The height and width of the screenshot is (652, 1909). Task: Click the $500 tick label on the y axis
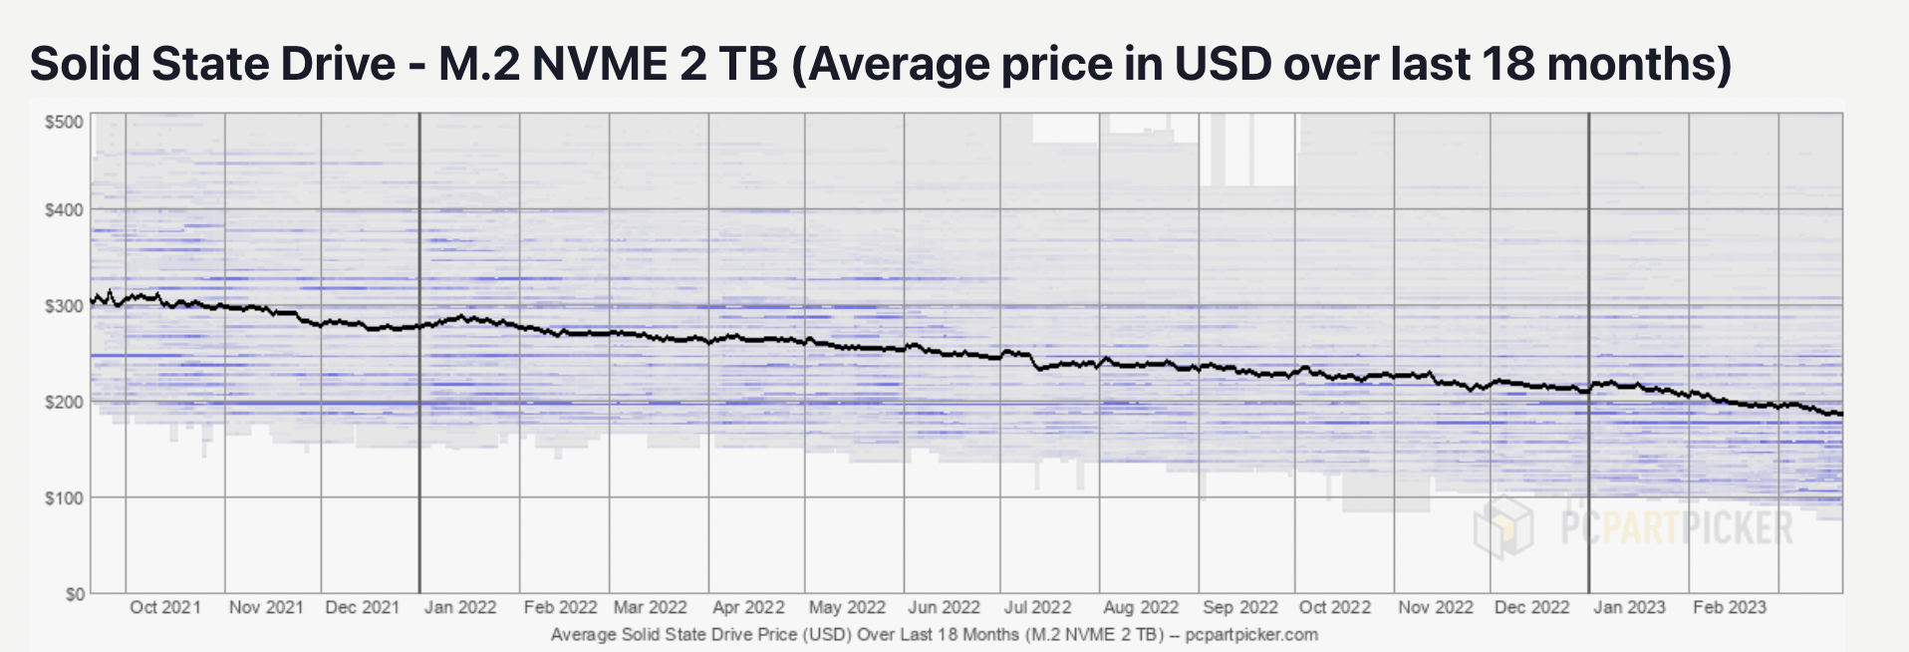[64, 122]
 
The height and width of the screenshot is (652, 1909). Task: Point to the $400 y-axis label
[64, 210]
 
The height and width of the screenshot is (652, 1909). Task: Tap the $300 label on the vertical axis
[64, 306]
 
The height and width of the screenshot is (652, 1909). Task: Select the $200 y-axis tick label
[64, 402]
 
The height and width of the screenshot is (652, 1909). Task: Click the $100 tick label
[64, 497]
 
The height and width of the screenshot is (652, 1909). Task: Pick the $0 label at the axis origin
[75, 594]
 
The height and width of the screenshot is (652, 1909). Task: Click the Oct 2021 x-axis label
[165, 607]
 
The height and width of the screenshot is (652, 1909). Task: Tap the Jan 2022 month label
[460, 607]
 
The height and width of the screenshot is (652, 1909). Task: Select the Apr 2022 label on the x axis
[748, 607]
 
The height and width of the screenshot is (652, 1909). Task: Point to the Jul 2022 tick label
[1038, 607]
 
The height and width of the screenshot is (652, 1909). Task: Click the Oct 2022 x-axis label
[1335, 607]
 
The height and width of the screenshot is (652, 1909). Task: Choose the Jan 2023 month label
[1629, 607]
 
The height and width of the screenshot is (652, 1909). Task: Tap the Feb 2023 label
[1729, 607]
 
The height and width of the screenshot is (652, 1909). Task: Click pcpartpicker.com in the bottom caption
[1251, 635]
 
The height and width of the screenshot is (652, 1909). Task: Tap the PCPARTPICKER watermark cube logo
[1503, 526]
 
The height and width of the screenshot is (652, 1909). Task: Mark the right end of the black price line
[1841, 414]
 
